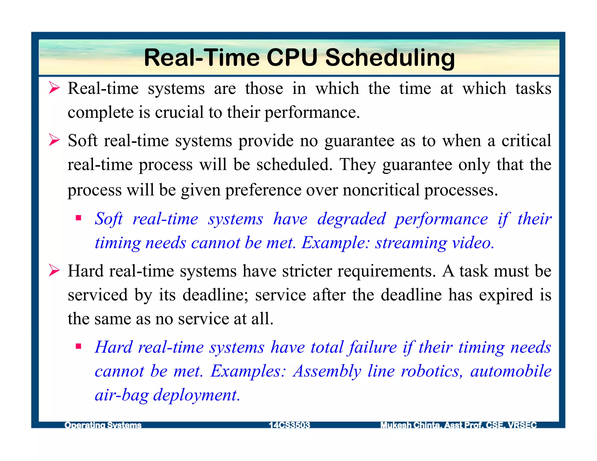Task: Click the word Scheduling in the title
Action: pos(390,58)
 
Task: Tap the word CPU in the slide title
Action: pos(292,57)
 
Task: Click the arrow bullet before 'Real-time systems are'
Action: pos(54,88)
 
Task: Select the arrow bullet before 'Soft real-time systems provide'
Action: pos(54,140)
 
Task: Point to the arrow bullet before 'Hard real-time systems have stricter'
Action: pos(54,270)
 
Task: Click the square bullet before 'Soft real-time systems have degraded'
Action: pos(78,218)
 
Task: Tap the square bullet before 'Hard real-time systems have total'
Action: pos(78,346)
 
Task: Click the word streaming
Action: pos(411,243)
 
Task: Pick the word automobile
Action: pos(511,371)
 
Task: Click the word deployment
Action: pos(197,395)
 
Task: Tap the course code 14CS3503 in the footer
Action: pos(289,425)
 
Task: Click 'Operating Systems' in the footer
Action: pos(103,425)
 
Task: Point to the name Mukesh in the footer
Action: pos(396,425)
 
